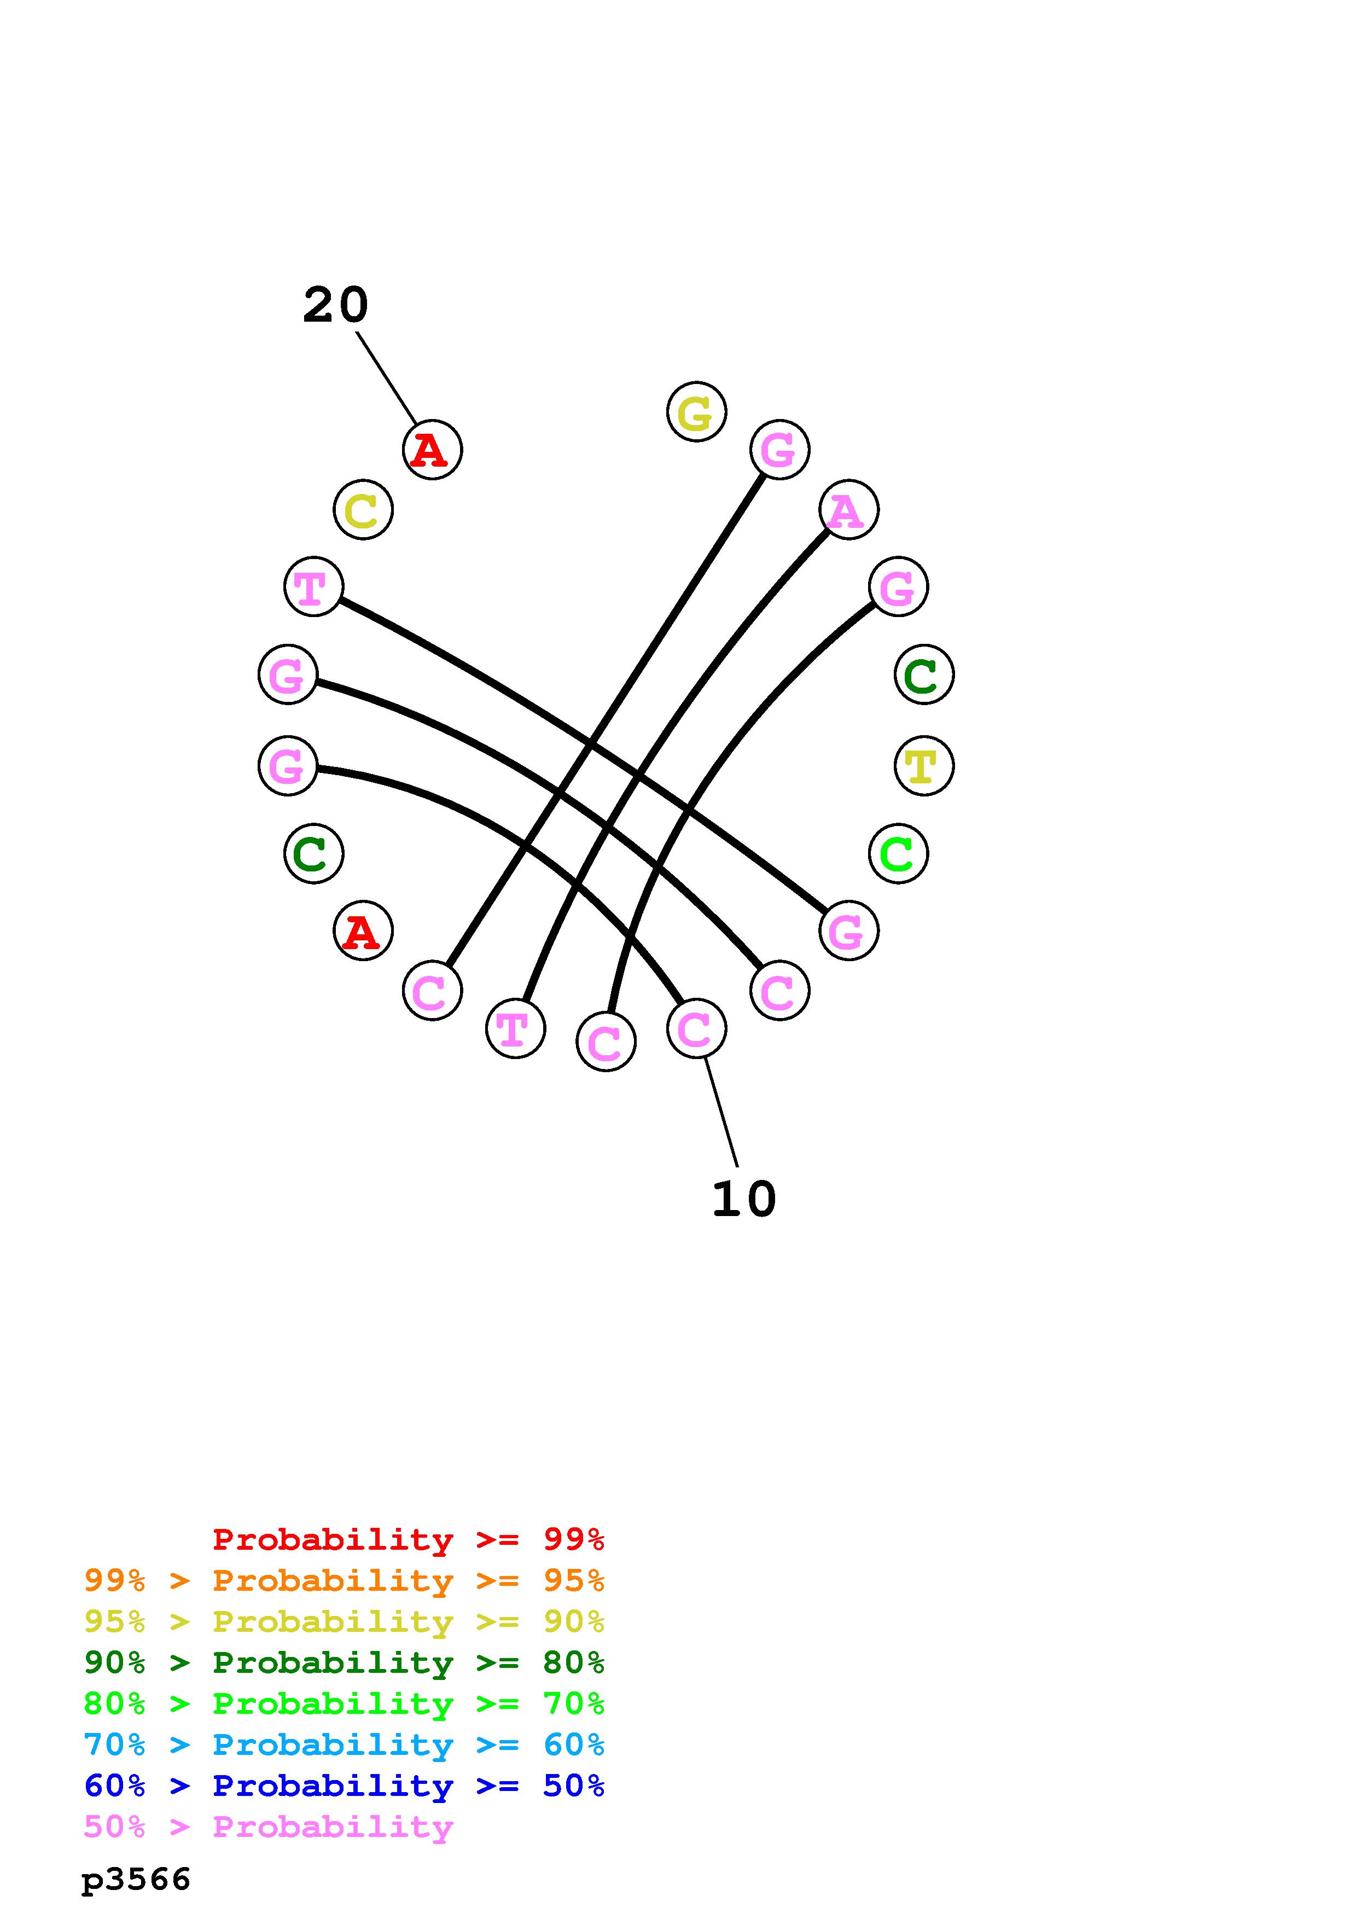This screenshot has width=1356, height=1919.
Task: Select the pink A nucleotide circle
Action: (848, 510)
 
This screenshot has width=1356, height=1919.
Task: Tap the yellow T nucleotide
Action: (923, 766)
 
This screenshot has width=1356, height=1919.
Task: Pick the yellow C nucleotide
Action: (363, 510)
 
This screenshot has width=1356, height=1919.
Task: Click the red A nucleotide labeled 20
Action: (432, 450)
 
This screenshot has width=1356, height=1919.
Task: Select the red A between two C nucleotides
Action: (363, 931)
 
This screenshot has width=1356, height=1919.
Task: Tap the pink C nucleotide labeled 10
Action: (696, 1028)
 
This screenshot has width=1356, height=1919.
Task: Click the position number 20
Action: (335, 305)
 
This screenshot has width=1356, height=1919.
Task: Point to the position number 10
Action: (743, 1199)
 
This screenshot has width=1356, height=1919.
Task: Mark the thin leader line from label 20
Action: (386, 378)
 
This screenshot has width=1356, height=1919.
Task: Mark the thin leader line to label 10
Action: (721, 1112)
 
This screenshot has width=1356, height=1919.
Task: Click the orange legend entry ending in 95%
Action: (344, 1580)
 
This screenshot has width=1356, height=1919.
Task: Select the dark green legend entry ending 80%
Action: (344, 1662)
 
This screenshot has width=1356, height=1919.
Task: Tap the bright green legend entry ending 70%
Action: (344, 1703)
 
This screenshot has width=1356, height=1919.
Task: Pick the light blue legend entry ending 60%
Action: (344, 1744)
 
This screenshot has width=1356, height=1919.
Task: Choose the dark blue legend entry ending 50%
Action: (344, 1786)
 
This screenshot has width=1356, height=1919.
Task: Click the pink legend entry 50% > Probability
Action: (268, 1826)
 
